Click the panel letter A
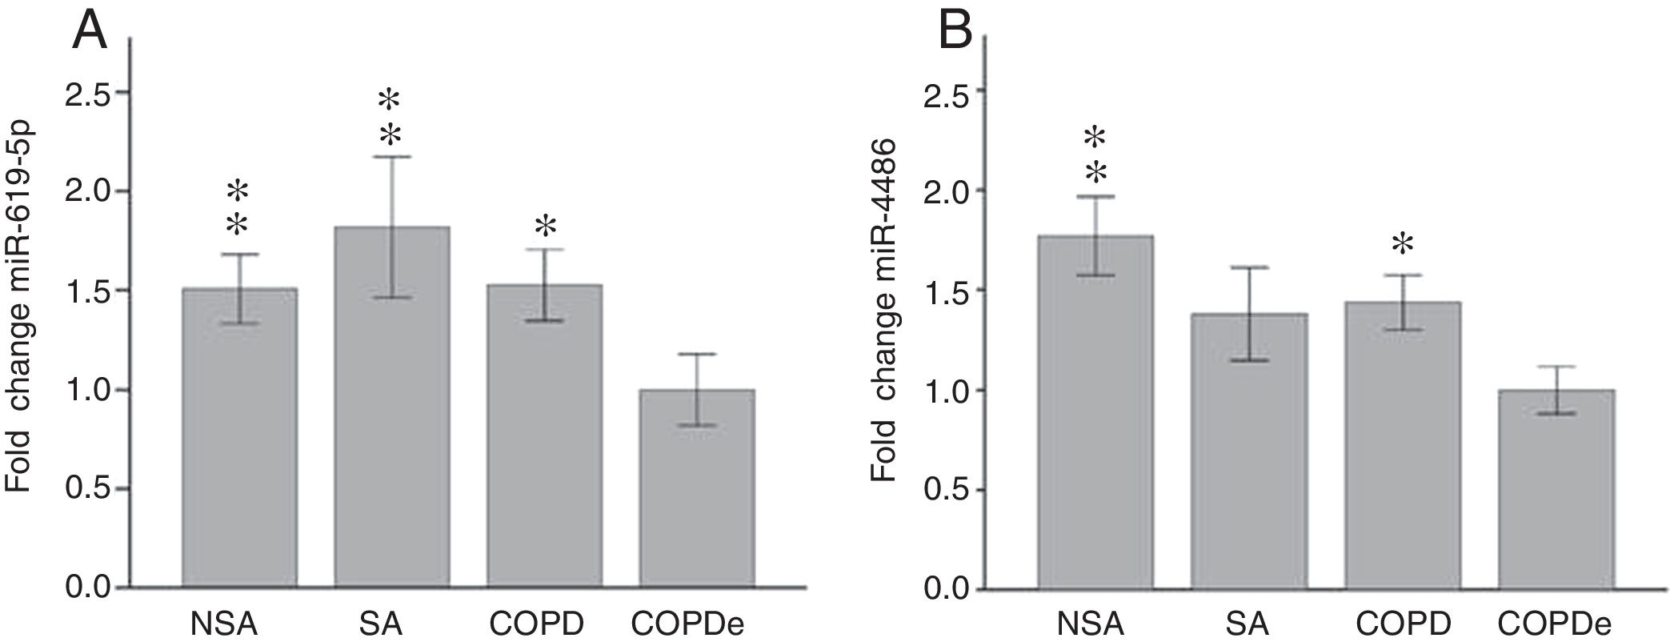click(x=90, y=31)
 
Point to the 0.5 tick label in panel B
click(x=946, y=490)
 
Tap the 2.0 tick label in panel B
click(x=946, y=191)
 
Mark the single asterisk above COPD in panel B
click(x=1402, y=244)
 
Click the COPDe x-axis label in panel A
click(x=693, y=624)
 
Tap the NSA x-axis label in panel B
click(x=1092, y=624)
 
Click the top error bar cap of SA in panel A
click(x=391, y=157)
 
